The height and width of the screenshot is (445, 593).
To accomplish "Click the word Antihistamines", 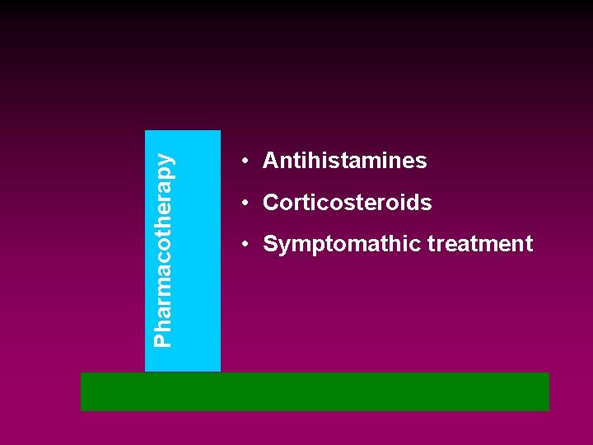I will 344,161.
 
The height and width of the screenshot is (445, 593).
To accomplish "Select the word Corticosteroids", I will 347,203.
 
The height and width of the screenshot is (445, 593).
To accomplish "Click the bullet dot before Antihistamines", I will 245,162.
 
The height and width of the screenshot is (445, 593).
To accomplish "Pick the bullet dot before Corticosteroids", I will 245,204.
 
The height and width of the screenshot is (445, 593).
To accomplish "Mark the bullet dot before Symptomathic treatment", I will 245,245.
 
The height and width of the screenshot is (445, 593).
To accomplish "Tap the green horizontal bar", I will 315,391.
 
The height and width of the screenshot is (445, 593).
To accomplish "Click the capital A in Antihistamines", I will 270,161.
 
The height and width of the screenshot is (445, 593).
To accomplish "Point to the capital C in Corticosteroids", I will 270,203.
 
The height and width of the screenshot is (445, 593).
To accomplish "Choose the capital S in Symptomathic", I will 269,245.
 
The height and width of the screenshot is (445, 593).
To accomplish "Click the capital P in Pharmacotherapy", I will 164,340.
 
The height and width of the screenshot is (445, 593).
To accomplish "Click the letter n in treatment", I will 518,245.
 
